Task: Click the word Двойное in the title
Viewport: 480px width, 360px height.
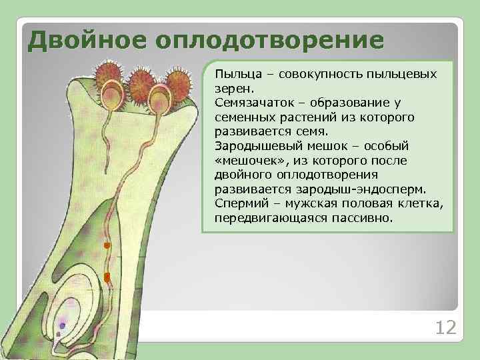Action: pos(87,39)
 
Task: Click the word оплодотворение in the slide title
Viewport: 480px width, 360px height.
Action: pos(269,39)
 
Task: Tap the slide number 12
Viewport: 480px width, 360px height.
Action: pos(445,327)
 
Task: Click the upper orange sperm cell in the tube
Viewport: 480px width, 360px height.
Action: pos(106,246)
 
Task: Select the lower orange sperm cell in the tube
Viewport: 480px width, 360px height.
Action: pos(107,276)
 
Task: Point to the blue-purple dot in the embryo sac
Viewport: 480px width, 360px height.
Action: pos(63,325)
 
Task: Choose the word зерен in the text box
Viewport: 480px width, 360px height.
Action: pos(232,87)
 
